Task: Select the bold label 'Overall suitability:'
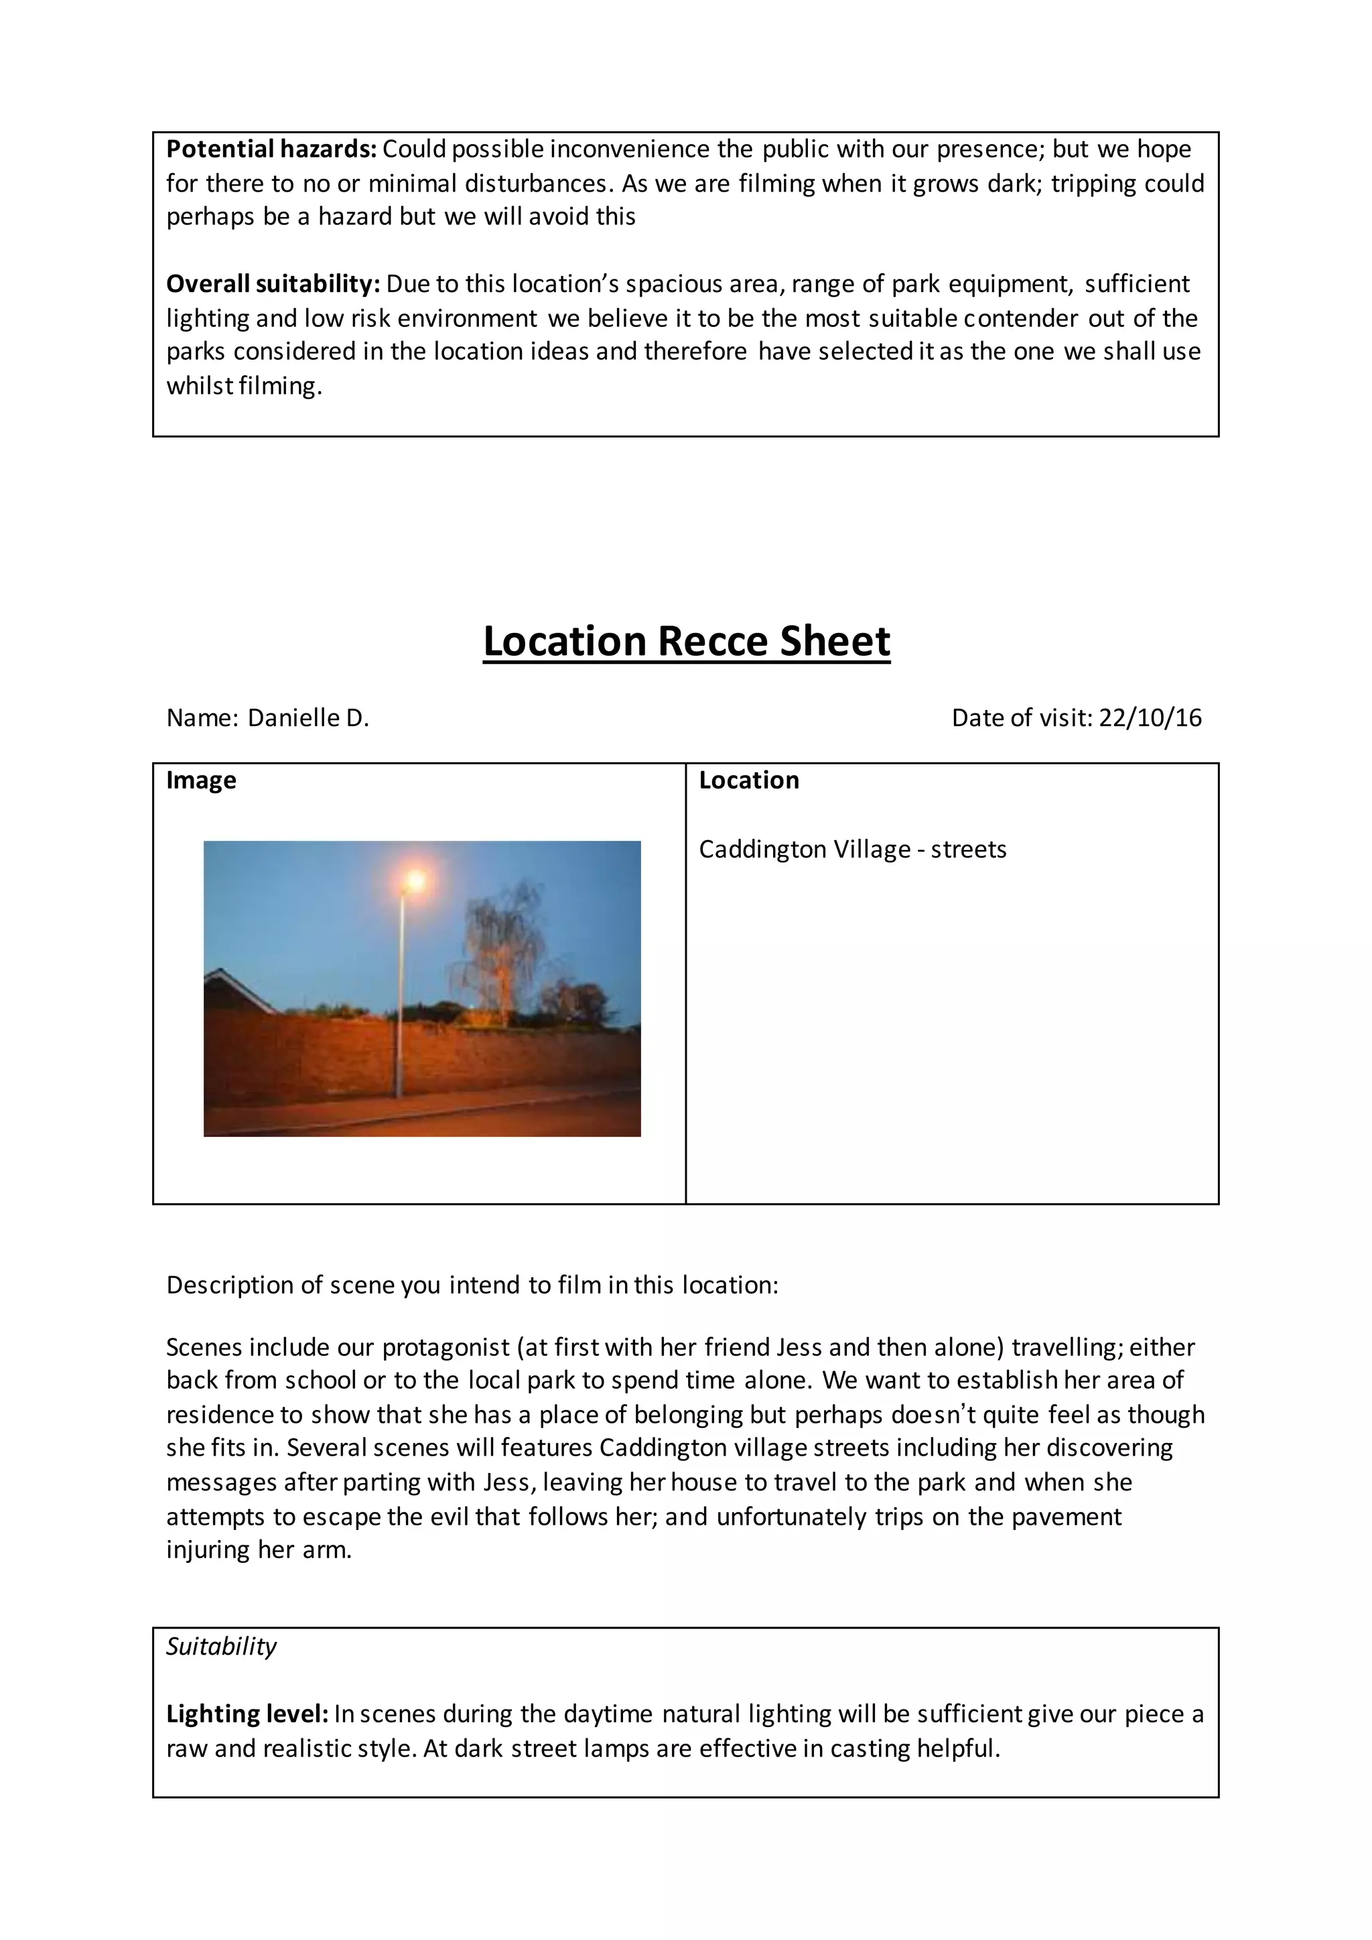pos(273,284)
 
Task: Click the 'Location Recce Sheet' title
pos(686,641)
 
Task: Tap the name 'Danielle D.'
pos(308,718)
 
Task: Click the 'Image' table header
pos(201,780)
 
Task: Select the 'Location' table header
pos(748,780)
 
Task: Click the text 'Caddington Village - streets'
pos(852,849)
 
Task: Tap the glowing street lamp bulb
pos(415,882)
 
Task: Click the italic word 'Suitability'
pos(221,1646)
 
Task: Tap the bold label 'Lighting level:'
pos(247,1714)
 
